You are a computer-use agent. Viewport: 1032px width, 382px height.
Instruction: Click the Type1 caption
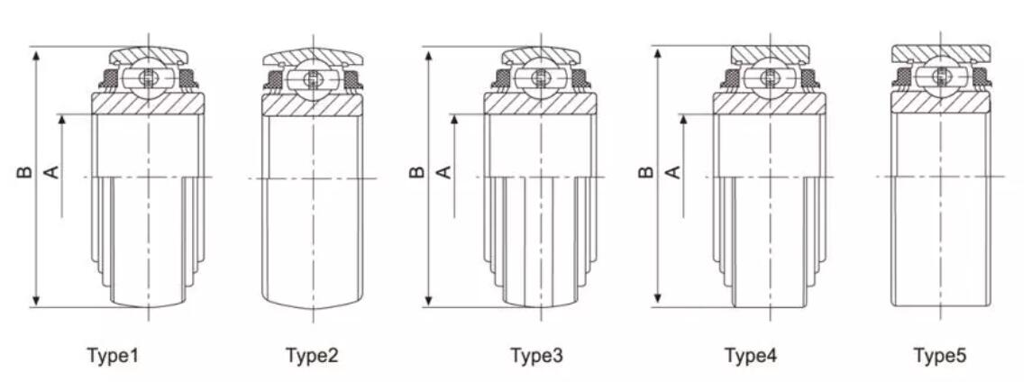pyautogui.click(x=113, y=357)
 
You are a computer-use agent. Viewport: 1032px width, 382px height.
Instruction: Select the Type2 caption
pyautogui.click(x=312, y=357)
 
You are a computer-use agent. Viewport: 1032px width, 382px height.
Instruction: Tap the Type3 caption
pyautogui.click(x=537, y=357)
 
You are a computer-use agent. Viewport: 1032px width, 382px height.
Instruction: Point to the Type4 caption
pyautogui.click(x=751, y=357)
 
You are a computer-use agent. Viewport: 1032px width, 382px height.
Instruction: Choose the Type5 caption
pyautogui.click(x=940, y=357)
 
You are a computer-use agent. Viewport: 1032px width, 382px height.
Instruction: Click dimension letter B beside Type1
pyautogui.click(x=23, y=172)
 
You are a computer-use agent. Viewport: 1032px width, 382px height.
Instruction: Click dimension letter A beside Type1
pyautogui.click(x=51, y=172)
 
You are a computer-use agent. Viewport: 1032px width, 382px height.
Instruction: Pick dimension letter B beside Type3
pyautogui.click(x=416, y=172)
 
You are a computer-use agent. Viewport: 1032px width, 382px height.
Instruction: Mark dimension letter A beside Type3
pyautogui.click(x=444, y=172)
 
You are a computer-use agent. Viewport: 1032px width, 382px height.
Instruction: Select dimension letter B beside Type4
pyautogui.click(x=645, y=172)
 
